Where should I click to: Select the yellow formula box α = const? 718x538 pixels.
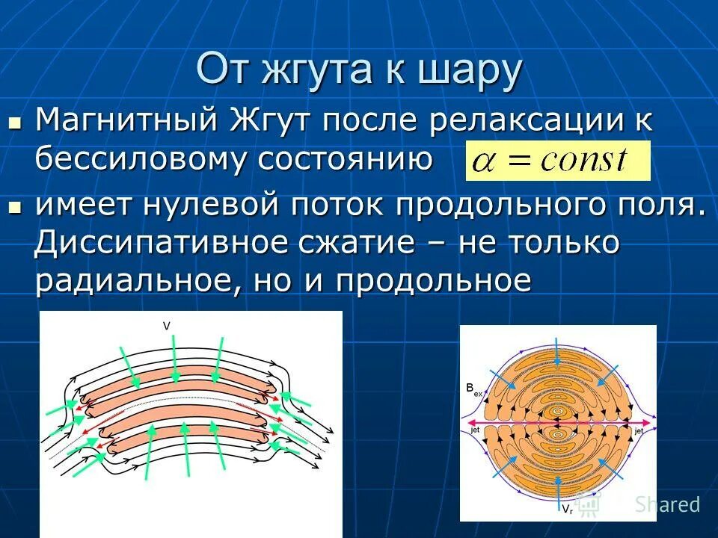557,161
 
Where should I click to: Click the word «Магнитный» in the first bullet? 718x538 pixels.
127,120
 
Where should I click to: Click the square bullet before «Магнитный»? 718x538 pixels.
14,120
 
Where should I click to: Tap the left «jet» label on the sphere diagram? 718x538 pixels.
473,431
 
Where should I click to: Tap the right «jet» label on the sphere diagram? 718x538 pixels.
639,431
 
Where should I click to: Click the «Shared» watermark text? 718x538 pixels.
667,504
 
